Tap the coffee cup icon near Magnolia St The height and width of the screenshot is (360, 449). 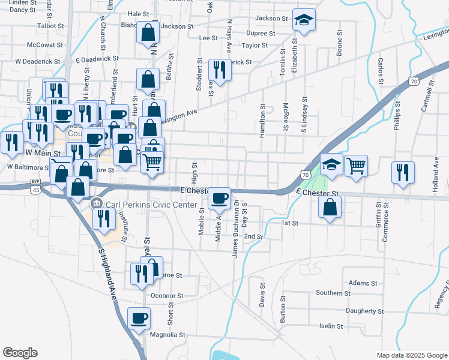coord(139,319)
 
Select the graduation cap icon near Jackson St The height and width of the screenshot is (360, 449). coord(304,20)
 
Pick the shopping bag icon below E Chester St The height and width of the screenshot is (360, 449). coord(330,208)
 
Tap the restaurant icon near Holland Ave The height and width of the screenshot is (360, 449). coord(403,172)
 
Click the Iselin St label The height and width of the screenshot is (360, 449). coord(331,326)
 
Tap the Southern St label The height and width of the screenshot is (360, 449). coord(333,293)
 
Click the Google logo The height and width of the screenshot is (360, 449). coord(20,353)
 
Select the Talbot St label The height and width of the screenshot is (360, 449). coord(50,26)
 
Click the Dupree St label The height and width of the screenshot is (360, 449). coord(261,34)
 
